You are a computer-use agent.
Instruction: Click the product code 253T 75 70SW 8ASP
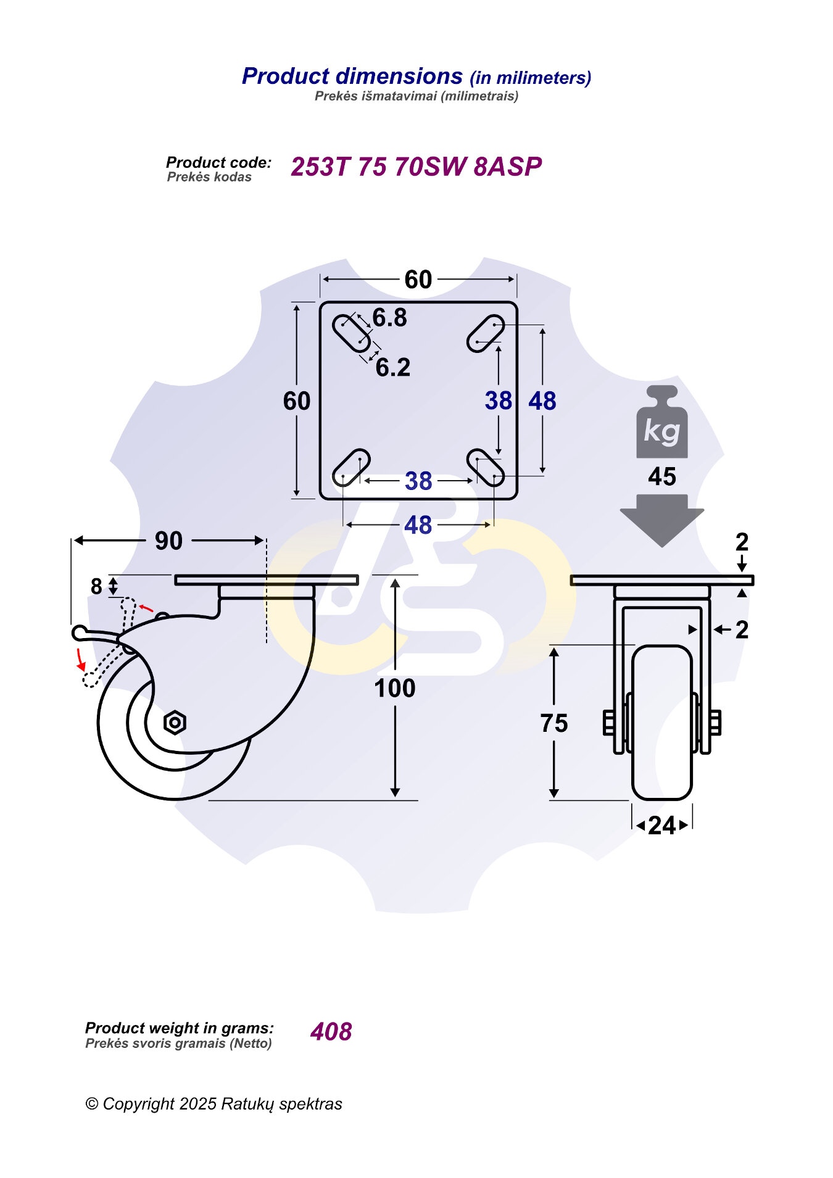pos(416,167)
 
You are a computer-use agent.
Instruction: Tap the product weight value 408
pos(331,1032)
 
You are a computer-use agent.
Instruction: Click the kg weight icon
pos(661,422)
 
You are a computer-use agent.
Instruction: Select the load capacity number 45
pos(662,477)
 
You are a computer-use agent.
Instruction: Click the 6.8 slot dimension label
pos(390,318)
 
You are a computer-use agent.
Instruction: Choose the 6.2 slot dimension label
pos(393,368)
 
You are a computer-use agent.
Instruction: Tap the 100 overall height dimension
pos(395,688)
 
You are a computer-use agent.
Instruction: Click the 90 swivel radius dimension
pos(168,541)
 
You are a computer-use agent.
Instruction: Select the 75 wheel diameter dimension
pos(554,723)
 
